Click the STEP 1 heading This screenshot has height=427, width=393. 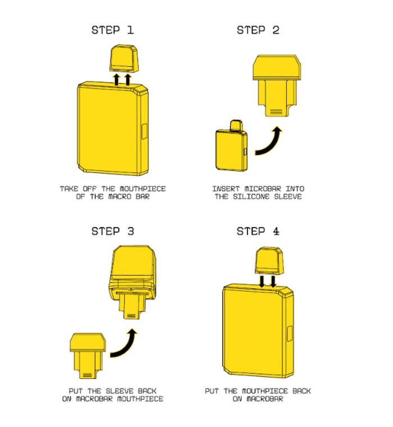(112, 30)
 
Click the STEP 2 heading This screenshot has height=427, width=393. (258, 30)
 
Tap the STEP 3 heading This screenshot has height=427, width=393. (112, 231)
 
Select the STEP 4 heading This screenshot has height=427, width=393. (258, 231)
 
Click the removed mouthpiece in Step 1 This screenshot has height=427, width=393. (124, 58)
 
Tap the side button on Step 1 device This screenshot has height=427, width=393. (145, 131)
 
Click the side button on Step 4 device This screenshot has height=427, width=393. (290, 333)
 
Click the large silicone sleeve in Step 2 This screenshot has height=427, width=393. (277, 85)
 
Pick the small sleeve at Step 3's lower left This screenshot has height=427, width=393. (88, 356)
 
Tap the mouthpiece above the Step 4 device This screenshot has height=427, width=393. (269, 260)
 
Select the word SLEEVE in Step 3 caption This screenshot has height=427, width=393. (120, 391)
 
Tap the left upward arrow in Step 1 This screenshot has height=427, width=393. (116, 80)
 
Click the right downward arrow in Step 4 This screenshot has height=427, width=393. (273, 281)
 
